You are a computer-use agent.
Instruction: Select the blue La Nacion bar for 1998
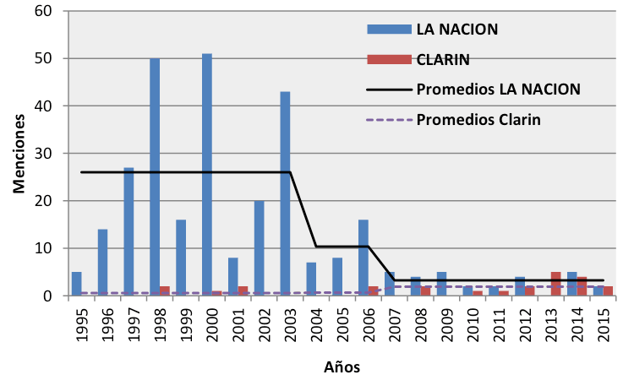[x=155, y=177]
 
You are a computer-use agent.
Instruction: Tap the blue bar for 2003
[x=285, y=193]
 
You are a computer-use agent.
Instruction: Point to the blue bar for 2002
[x=259, y=248]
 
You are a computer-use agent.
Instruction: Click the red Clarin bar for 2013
[x=555, y=284]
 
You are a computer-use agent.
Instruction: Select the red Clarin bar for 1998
[x=165, y=291]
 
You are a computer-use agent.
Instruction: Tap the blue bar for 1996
[x=102, y=263]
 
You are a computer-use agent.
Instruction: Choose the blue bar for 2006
[x=363, y=258]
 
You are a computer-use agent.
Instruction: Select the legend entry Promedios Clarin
[x=478, y=120]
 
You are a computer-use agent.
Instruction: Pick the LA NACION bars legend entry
[x=456, y=29]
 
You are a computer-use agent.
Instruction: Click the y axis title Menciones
[x=18, y=154]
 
